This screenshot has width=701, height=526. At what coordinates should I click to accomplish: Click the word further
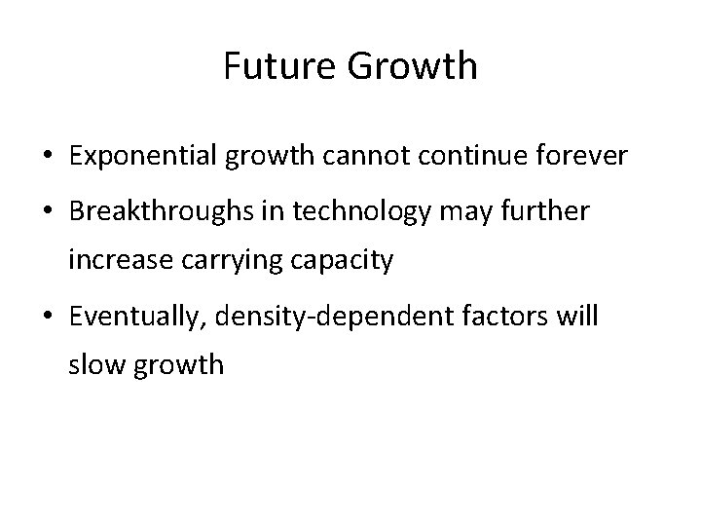(547, 212)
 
